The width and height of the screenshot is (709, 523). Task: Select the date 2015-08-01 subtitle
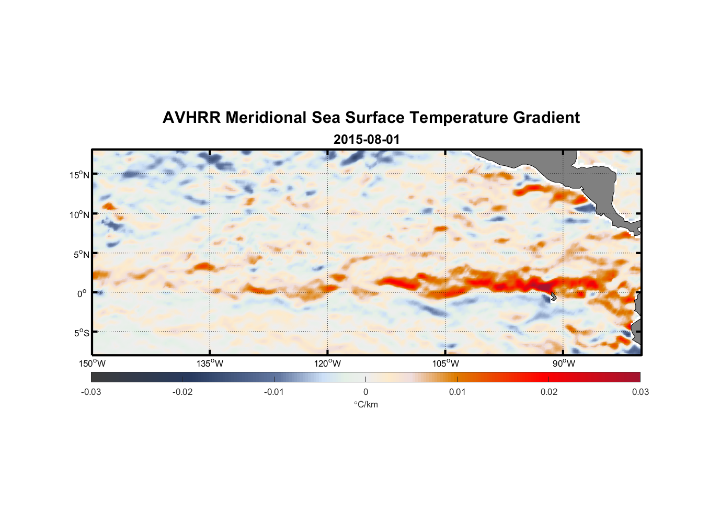(x=366, y=140)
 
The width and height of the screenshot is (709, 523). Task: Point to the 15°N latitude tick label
(x=79, y=175)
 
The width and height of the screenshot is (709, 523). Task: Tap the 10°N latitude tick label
(x=79, y=214)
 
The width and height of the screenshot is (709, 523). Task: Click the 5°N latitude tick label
(x=81, y=254)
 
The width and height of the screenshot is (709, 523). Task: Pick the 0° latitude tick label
(x=82, y=293)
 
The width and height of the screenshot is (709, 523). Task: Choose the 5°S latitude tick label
(x=81, y=333)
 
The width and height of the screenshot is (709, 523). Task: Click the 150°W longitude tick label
(x=93, y=363)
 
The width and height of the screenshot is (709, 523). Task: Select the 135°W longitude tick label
(x=210, y=363)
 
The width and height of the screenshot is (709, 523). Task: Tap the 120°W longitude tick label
(x=328, y=363)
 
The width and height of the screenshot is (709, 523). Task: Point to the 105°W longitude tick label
(x=445, y=363)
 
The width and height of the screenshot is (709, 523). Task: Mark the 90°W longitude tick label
(x=564, y=363)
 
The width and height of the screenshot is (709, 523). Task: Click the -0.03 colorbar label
(x=91, y=392)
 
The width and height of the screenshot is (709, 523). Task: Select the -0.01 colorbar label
(x=274, y=392)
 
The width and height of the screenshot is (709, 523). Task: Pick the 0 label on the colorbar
(x=365, y=392)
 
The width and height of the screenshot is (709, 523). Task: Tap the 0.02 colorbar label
(x=549, y=392)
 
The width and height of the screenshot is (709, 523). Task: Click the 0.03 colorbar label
(x=640, y=392)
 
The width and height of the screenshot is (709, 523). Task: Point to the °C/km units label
(x=366, y=404)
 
